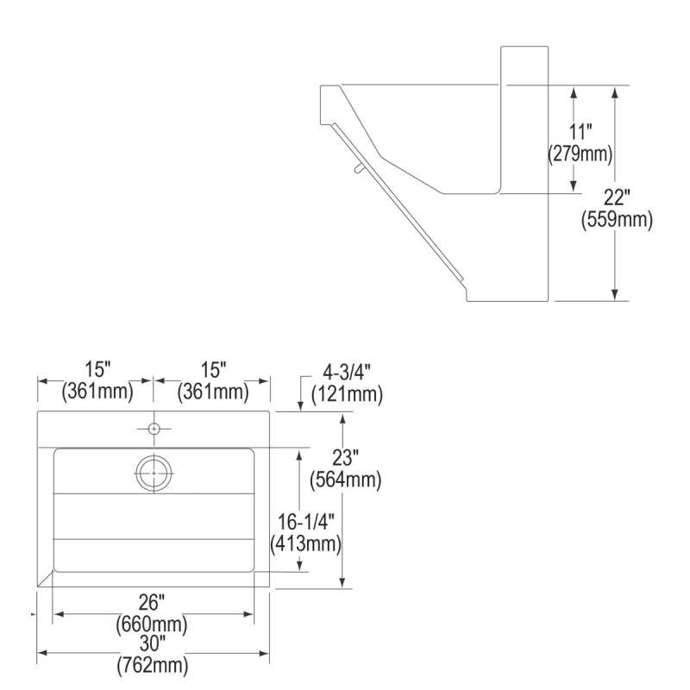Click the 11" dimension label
click(580, 132)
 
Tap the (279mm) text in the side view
click(580, 154)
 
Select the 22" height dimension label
click(617, 198)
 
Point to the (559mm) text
click(617, 219)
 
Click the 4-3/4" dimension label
click(347, 373)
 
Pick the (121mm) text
click(347, 394)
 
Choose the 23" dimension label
click(346, 458)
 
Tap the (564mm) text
click(346, 480)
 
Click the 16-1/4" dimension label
click(306, 523)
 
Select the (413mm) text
click(306, 544)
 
